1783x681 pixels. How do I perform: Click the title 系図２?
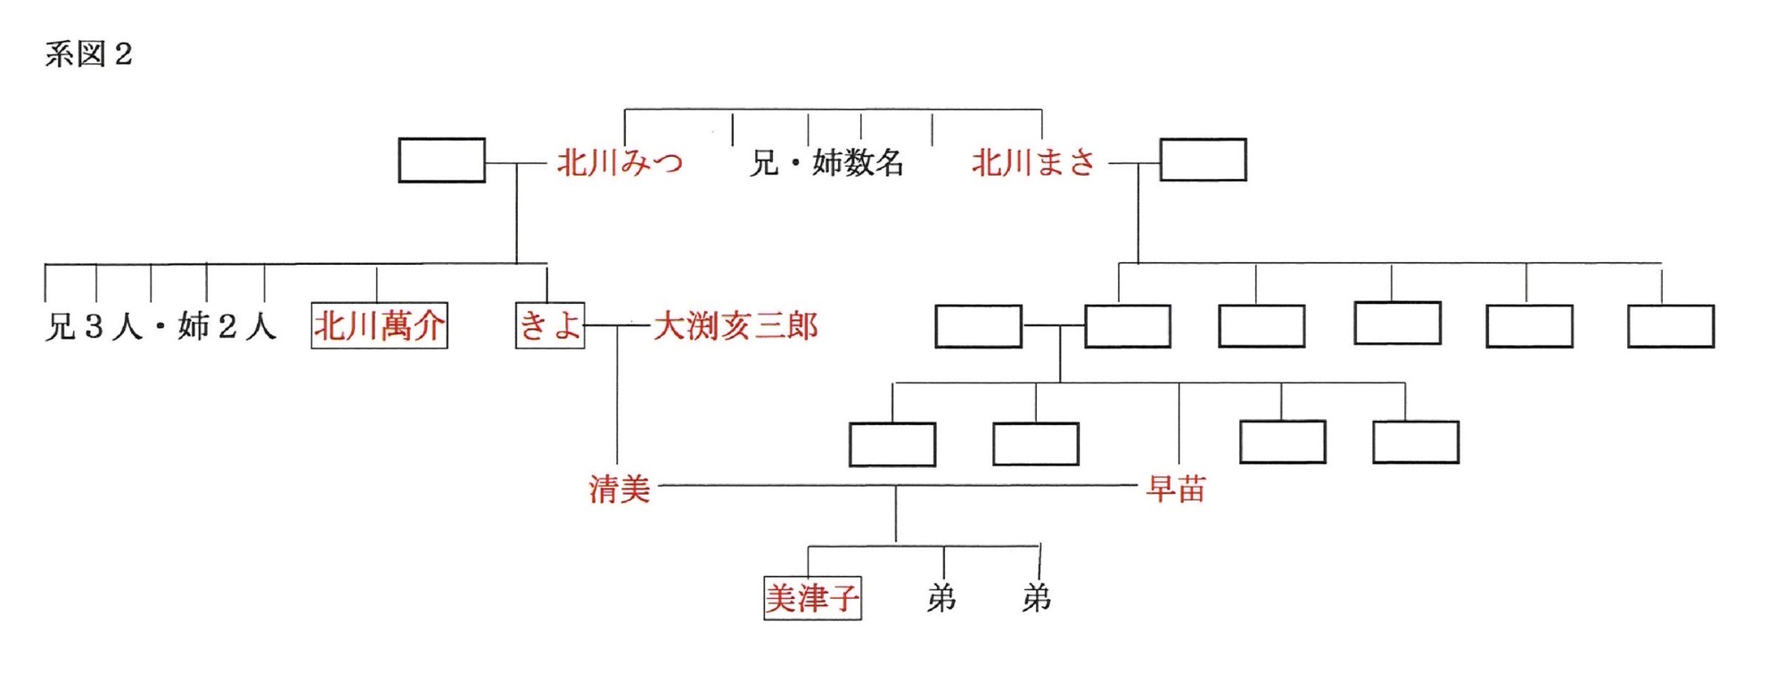coord(88,54)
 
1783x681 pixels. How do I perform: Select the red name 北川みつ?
coord(620,163)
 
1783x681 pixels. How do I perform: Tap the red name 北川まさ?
coord(1033,163)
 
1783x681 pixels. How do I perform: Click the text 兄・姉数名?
coord(826,163)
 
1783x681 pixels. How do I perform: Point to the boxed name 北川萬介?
coord(379,326)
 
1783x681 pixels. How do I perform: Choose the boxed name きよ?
coord(550,326)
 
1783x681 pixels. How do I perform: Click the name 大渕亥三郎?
coord(735,326)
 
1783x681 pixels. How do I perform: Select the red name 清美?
coord(620,488)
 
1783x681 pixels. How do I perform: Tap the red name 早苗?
coord(1176,488)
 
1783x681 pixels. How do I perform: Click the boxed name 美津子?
coord(812,598)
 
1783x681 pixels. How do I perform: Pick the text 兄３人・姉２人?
coord(160,326)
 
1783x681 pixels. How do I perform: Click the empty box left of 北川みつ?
coord(441,160)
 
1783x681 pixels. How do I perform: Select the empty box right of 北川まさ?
coord(1203,160)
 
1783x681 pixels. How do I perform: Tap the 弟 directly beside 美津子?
coord(941,598)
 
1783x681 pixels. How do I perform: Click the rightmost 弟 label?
coord(1036,598)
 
